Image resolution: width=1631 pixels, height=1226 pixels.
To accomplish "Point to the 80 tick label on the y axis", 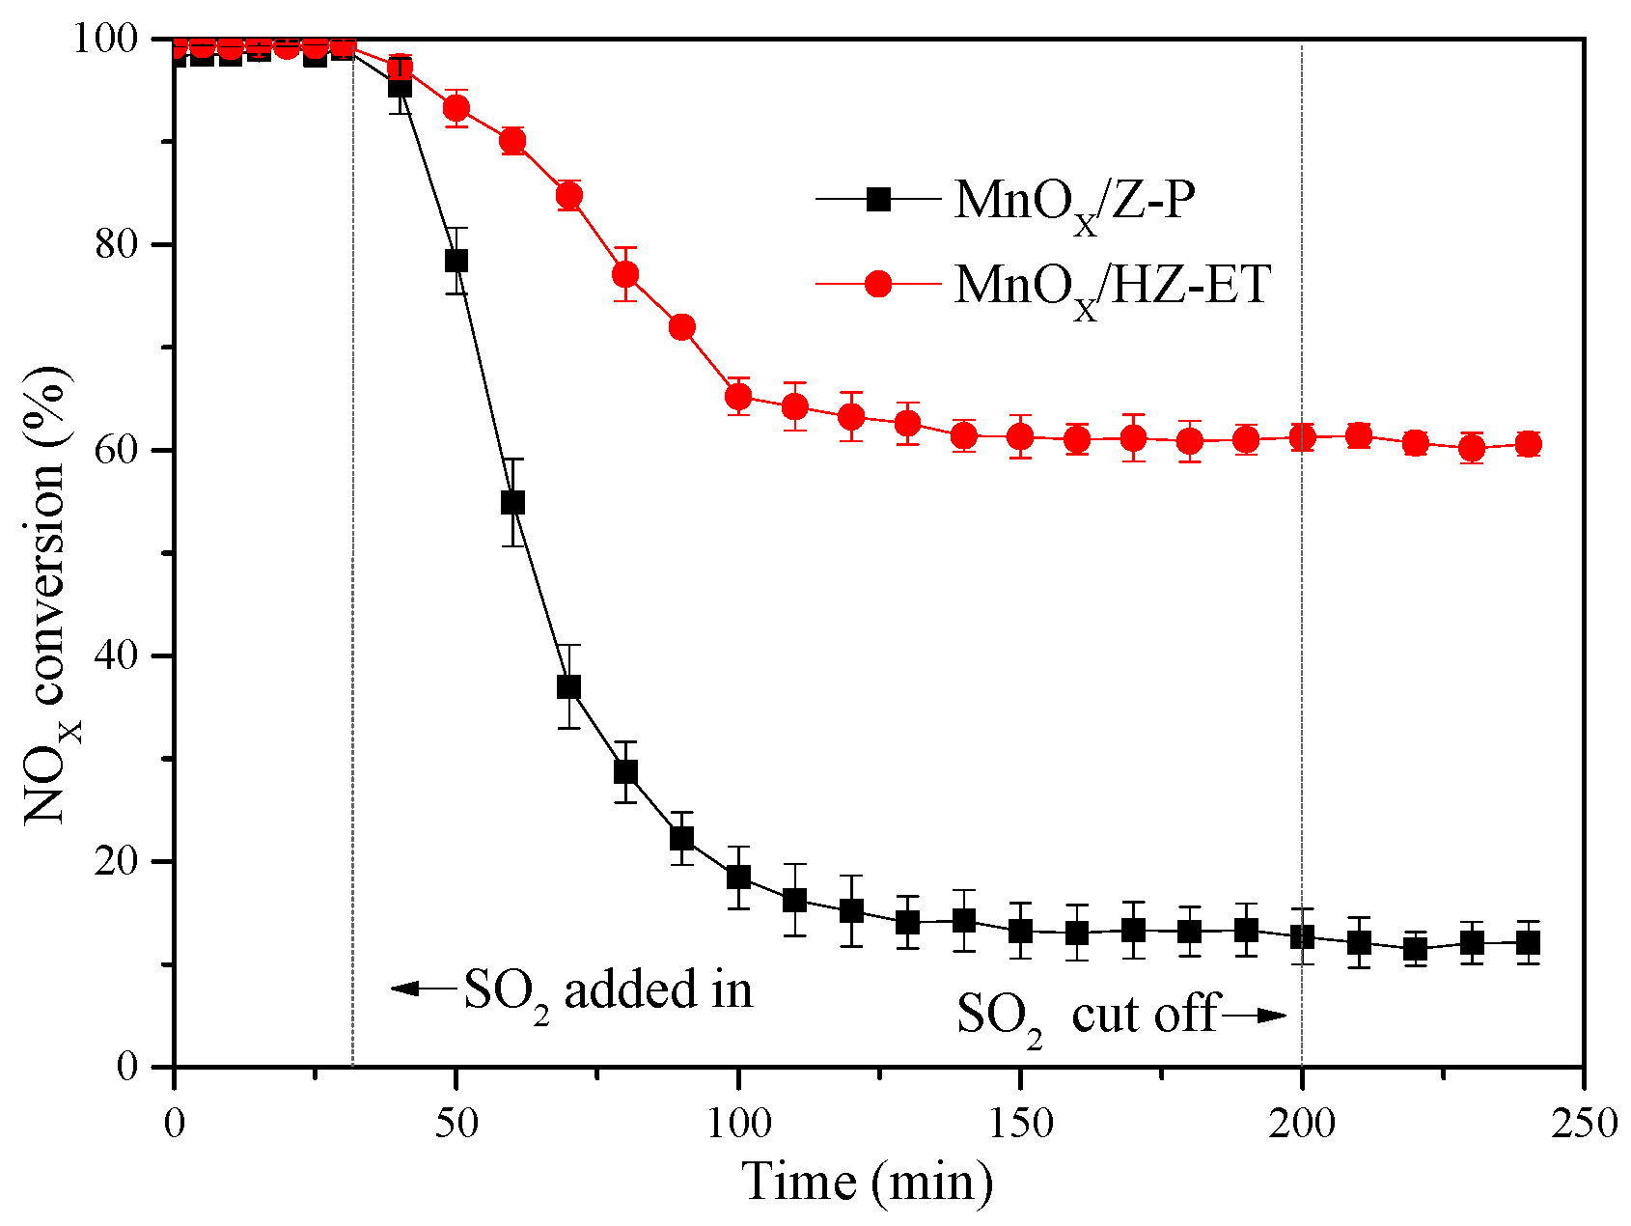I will pyautogui.click(x=117, y=244).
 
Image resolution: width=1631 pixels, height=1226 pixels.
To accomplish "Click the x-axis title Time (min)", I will pyautogui.click(x=867, y=1181).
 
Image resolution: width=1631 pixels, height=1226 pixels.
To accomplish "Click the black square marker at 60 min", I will pyautogui.click(x=512, y=502).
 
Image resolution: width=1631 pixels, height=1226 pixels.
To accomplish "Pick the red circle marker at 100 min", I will pyautogui.click(x=738, y=396).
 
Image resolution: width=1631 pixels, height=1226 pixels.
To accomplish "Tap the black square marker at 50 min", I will pyautogui.click(x=456, y=261).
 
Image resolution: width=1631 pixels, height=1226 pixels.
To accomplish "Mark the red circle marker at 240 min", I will pyautogui.click(x=1528, y=444).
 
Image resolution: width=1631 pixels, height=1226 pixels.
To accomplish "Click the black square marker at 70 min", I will pyautogui.click(x=568, y=687).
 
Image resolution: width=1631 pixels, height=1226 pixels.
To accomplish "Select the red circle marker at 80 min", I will pyautogui.click(x=625, y=274).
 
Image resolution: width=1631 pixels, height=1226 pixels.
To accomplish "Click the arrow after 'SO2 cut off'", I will pyautogui.click(x=1255, y=1015).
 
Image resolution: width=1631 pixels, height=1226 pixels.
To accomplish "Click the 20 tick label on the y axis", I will pyautogui.click(x=117, y=861).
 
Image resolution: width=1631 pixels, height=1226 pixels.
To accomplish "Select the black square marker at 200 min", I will pyautogui.click(x=1302, y=936).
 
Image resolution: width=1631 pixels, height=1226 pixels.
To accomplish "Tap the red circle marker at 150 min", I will pyautogui.click(x=1020, y=436).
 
